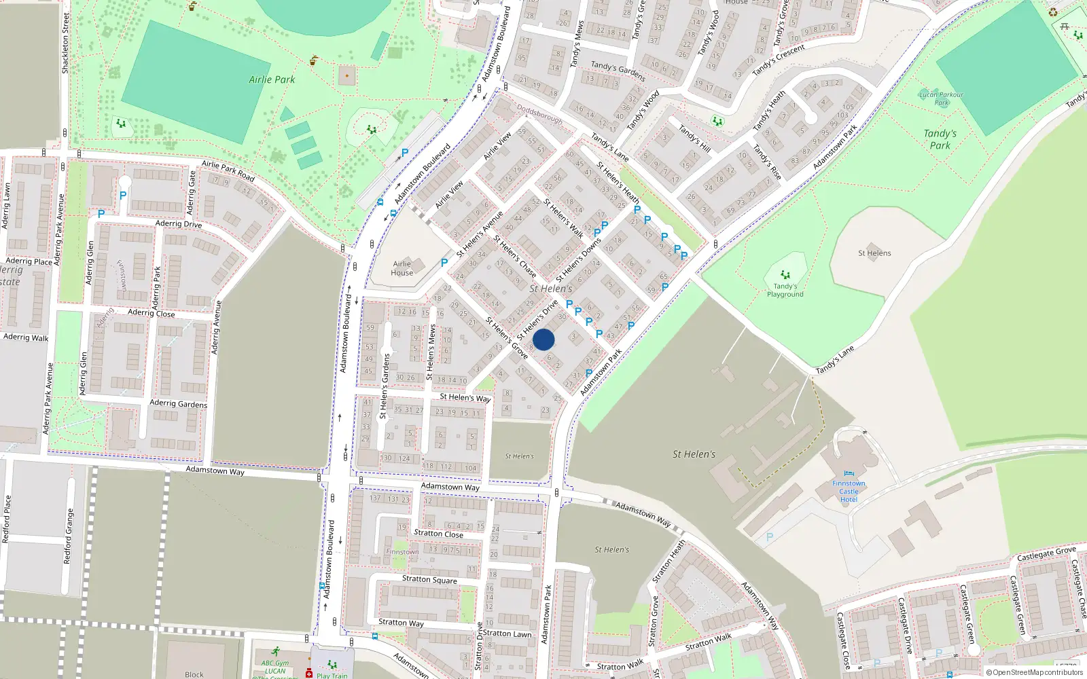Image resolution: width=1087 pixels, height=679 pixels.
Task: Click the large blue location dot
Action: point(543,339)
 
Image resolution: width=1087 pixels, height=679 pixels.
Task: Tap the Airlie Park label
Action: point(272,79)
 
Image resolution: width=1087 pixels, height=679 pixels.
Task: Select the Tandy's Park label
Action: point(940,139)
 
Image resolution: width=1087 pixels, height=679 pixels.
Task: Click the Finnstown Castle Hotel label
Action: point(849,491)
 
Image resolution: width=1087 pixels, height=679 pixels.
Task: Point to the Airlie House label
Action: point(402,268)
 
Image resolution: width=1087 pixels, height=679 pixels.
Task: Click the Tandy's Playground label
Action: point(785,290)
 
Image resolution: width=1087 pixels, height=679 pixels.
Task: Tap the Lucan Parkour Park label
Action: point(941,98)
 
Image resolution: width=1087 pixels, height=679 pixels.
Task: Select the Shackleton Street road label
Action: point(66,43)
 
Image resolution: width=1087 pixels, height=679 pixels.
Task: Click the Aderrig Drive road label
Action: point(178,223)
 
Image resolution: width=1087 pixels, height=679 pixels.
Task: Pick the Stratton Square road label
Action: point(429,579)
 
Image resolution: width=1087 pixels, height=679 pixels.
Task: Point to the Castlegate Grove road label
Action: point(1046,554)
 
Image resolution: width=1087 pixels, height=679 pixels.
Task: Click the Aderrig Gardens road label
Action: point(178,403)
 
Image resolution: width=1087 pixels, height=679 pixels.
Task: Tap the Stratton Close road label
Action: point(438,534)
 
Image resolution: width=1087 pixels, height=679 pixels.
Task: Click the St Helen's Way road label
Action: point(465,397)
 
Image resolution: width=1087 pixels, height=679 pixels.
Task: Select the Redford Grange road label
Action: point(68,536)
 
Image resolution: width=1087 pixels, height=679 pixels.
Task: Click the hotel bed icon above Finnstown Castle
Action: point(849,473)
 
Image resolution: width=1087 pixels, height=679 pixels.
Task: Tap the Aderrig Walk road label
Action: point(26,337)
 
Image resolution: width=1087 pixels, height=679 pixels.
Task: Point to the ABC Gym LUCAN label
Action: point(275,667)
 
